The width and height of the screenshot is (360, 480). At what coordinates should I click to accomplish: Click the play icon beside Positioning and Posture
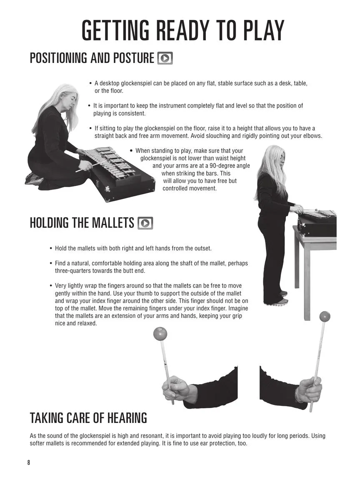coord(165,58)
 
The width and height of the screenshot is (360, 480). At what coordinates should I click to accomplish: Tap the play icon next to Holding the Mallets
coord(145,223)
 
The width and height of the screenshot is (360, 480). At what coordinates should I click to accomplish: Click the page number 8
coord(29,462)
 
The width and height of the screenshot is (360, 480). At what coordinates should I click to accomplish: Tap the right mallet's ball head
coord(325,316)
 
